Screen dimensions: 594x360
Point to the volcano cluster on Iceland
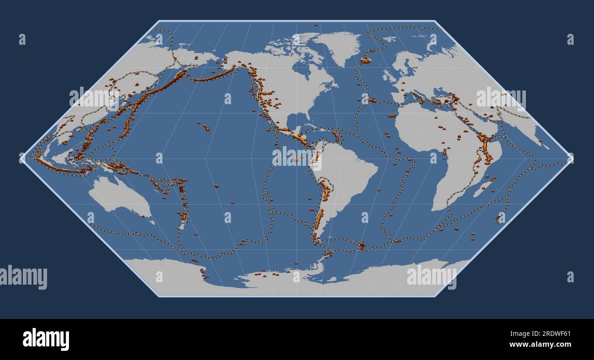(365, 60)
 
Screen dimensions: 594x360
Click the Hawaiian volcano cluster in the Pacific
(206, 127)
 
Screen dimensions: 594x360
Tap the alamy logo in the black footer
(46, 339)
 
